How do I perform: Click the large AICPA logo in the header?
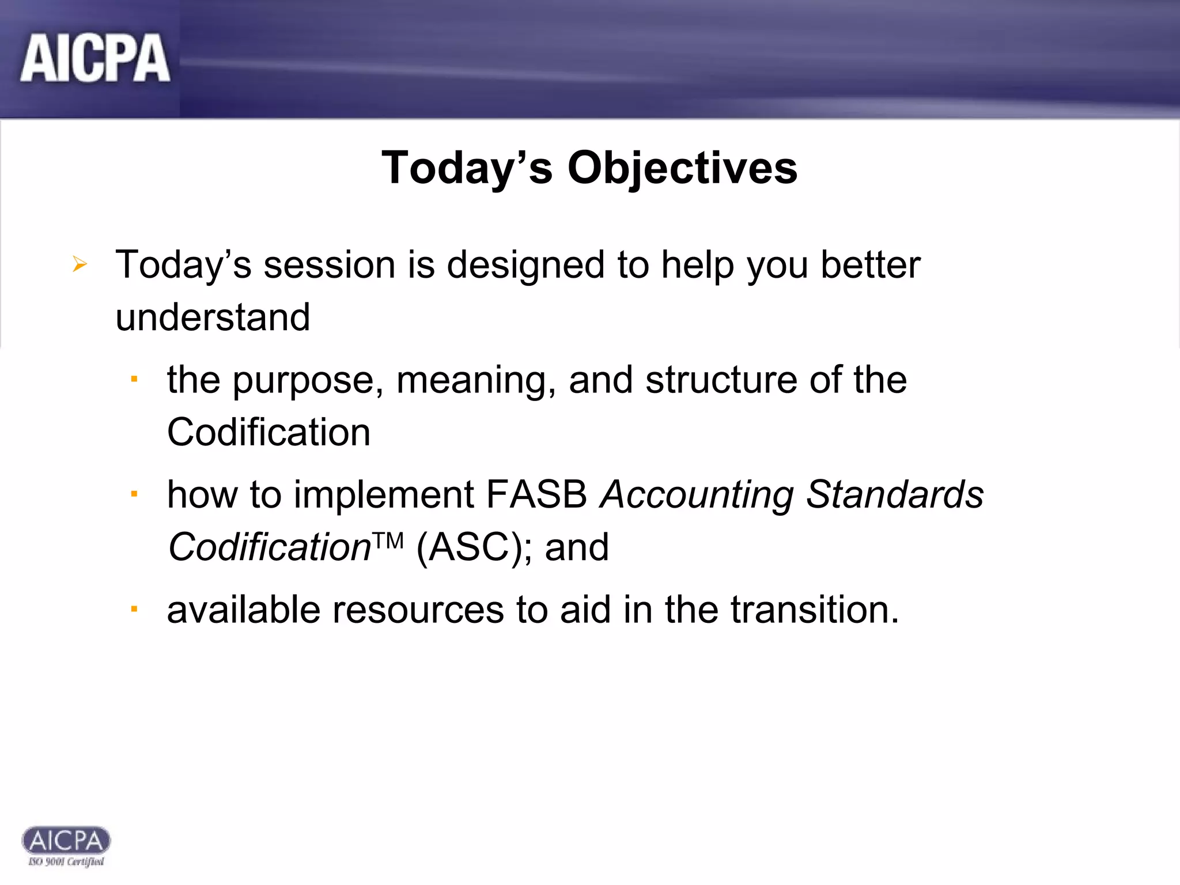coord(95,58)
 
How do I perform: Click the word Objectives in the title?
coord(682,168)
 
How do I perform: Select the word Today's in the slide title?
coord(467,168)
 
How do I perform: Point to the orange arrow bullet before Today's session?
coord(80,264)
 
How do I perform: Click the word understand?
coord(213,317)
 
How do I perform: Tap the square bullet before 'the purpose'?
coord(134,379)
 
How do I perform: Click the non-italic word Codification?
coord(268,432)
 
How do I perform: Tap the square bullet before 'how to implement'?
coord(134,494)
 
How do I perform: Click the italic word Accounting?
coord(697,496)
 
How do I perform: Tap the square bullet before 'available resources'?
coord(134,608)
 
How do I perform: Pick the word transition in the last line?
coord(809,610)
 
